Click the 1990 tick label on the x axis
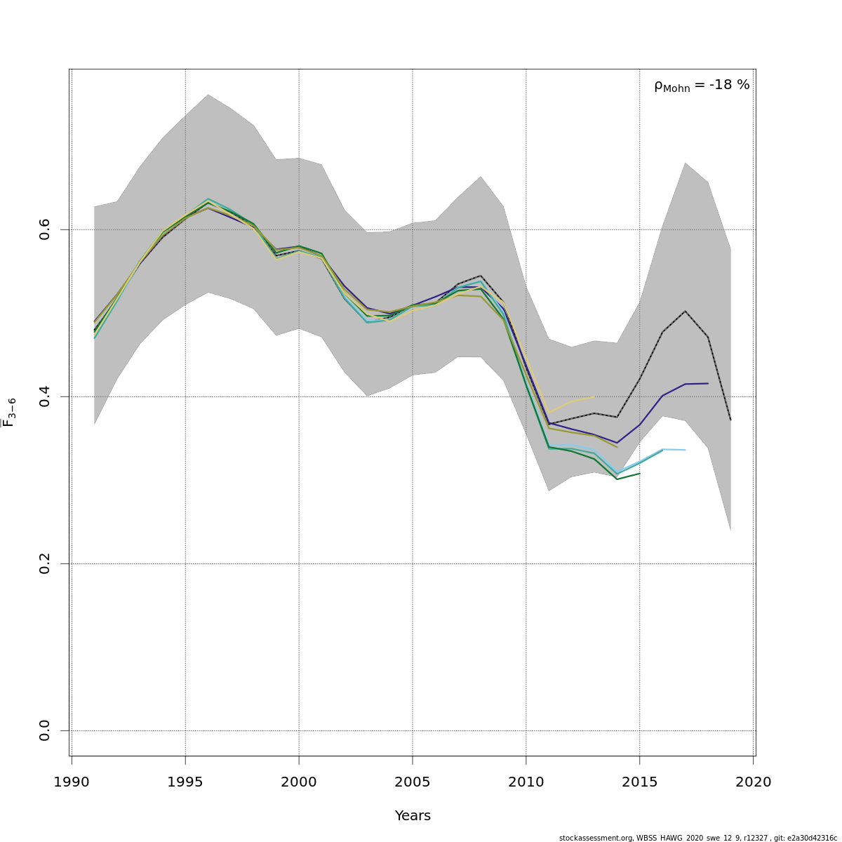coord(71,782)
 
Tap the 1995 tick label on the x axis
coord(185,782)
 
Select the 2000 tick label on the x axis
coord(299,782)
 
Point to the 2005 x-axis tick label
coord(413,782)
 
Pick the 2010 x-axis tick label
coord(526,782)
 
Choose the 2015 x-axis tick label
coord(640,782)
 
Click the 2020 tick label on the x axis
coord(754,782)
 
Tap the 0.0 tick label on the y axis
coord(45,730)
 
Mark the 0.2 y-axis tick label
coord(45,563)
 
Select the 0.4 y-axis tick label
coord(45,396)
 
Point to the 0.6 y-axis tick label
coord(45,229)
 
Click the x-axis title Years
coord(413,816)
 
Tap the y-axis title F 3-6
coord(9,412)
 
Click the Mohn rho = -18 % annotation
coord(702,86)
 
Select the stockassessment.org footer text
coord(698,838)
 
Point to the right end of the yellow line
coord(594,397)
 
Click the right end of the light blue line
coord(685,450)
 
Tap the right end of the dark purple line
coord(708,383)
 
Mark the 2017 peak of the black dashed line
coord(685,311)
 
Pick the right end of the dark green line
coord(639,474)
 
